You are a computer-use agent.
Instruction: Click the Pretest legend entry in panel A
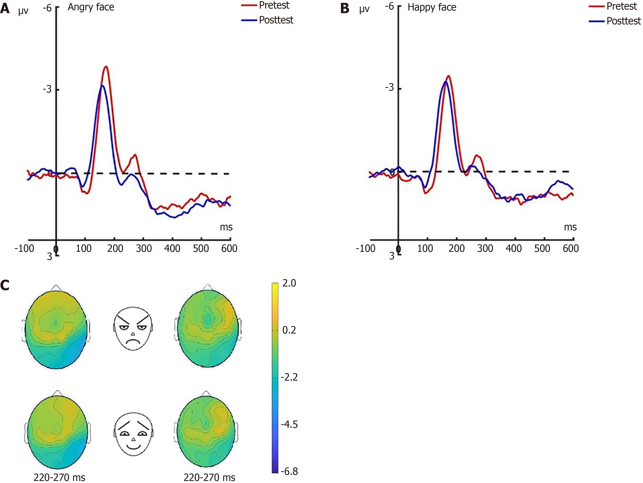(274, 5)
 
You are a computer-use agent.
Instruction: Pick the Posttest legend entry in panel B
(623, 21)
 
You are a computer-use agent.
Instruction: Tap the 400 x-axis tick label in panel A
(172, 248)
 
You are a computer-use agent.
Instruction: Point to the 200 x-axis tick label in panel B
(456, 248)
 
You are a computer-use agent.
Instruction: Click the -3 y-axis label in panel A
(47, 89)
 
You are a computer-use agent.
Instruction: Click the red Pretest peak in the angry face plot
(106, 67)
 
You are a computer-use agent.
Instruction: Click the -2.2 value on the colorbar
(289, 377)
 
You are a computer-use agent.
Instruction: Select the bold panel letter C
(5, 286)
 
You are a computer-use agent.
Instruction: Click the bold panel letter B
(345, 9)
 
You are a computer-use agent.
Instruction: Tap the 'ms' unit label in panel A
(226, 227)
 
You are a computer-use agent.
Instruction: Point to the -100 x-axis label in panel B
(365, 248)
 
